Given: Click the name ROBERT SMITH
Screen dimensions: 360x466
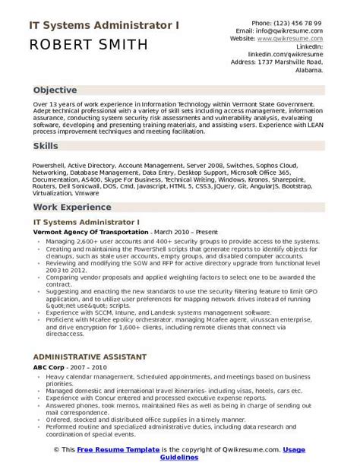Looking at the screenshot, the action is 90,45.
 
